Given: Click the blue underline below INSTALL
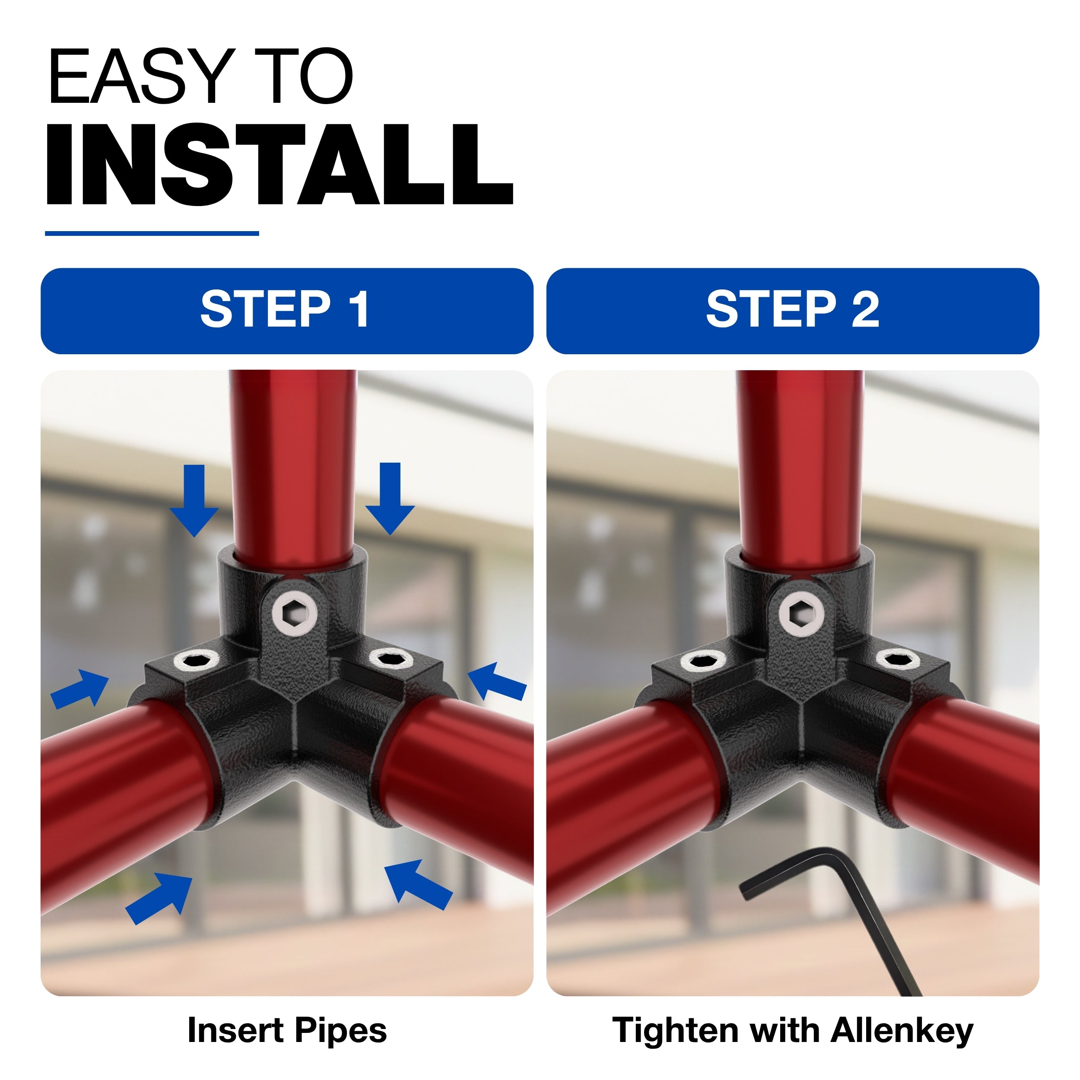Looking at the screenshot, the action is (152, 233).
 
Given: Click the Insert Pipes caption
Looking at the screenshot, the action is (287, 1030).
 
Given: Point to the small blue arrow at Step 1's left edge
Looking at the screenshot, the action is (79, 689).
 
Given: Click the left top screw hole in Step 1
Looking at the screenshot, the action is (196, 661).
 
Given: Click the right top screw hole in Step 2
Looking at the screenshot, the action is (898, 658).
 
